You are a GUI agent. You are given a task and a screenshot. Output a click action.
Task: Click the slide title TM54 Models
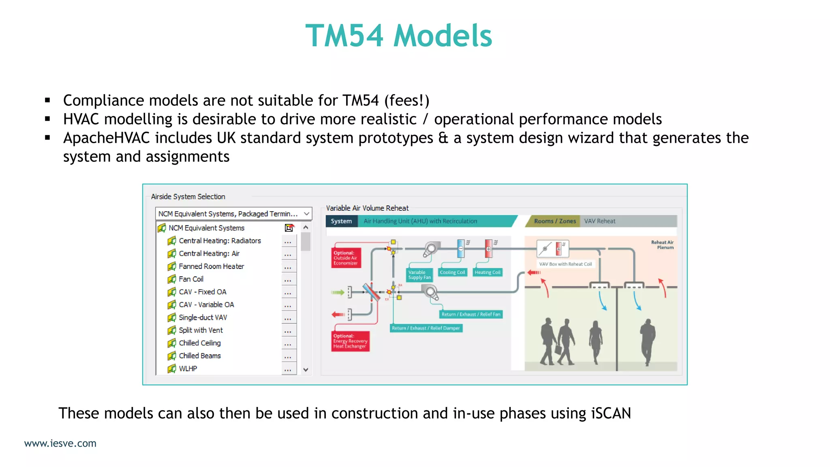[x=398, y=36]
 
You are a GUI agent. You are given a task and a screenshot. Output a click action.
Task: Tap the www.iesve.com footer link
[x=60, y=443]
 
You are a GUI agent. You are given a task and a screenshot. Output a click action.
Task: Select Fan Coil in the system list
[x=191, y=279]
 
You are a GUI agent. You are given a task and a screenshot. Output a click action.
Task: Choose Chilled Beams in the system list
[x=199, y=356]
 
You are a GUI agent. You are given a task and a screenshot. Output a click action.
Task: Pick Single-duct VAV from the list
[x=203, y=317]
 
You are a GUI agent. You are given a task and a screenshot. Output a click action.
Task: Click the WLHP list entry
[x=188, y=368]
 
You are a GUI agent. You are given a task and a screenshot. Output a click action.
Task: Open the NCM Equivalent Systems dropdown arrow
[x=307, y=214]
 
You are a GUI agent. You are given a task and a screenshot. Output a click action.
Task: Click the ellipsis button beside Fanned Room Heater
[x=288, y=267]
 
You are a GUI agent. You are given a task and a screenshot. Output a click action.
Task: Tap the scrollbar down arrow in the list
[x=306, y=369]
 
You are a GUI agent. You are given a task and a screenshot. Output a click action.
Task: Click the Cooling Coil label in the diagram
[x=452, y=272]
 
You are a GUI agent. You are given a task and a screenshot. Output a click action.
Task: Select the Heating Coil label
[x=488, y=272]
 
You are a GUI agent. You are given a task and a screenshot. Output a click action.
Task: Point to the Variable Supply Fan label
[x=419, y=275]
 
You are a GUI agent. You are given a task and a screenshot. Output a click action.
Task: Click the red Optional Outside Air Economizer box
[x=346, y=258]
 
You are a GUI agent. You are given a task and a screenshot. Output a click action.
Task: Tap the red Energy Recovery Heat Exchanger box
[x=350, y=341]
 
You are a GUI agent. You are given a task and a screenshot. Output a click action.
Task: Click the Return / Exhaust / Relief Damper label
[x=426, y=328]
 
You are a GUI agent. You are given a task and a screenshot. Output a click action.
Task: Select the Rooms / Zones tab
[x=554, y=221]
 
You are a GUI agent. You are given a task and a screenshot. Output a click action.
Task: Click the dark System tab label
[x=341, y=221]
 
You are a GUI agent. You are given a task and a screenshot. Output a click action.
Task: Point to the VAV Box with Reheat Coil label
[x=565, y=264]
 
